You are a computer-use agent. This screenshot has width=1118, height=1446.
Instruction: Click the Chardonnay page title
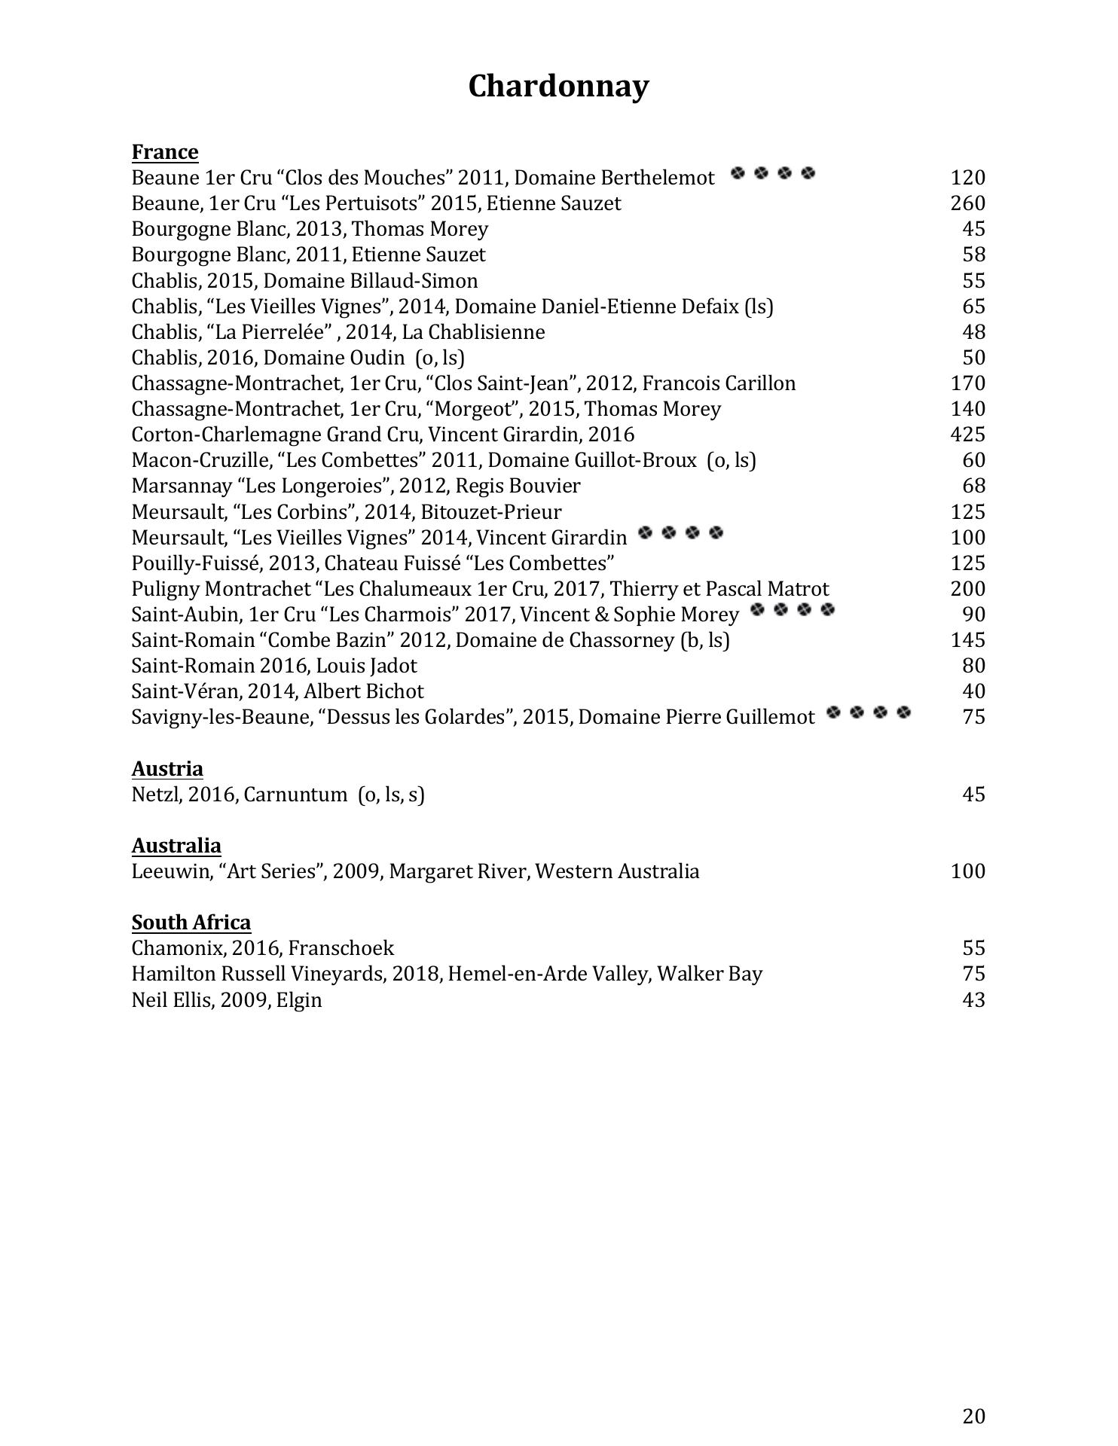[x=558, y=87]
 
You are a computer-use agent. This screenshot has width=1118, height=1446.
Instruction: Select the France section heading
[x=165, y=152]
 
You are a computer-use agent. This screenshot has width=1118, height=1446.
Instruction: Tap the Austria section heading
[x=167, y=769]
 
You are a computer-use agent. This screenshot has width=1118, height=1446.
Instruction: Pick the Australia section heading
[x=176, y=846]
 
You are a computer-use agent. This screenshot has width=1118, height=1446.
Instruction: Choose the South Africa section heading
[x=191, y=923]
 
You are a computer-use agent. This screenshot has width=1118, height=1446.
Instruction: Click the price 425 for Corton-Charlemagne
[x=967, y=435]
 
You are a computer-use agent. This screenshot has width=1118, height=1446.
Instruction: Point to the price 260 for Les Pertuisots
[x=967, y=203]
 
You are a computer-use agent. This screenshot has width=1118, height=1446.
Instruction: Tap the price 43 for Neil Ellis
[x=973, y=1000]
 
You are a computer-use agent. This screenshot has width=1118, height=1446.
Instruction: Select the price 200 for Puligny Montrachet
[x=967, y=589]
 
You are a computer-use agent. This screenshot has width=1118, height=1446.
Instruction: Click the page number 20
[x=973, y=1417]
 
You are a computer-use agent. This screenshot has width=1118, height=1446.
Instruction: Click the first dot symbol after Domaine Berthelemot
[x=738, y=174]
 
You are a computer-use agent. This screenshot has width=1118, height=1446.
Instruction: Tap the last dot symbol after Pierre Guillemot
[x=904, y=712]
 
